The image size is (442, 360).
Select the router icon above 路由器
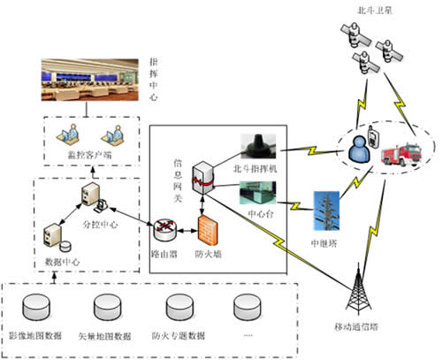[x=164, y=232]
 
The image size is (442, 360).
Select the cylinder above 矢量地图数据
[x=110, y=309]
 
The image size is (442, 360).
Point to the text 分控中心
[x=112, y=213]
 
